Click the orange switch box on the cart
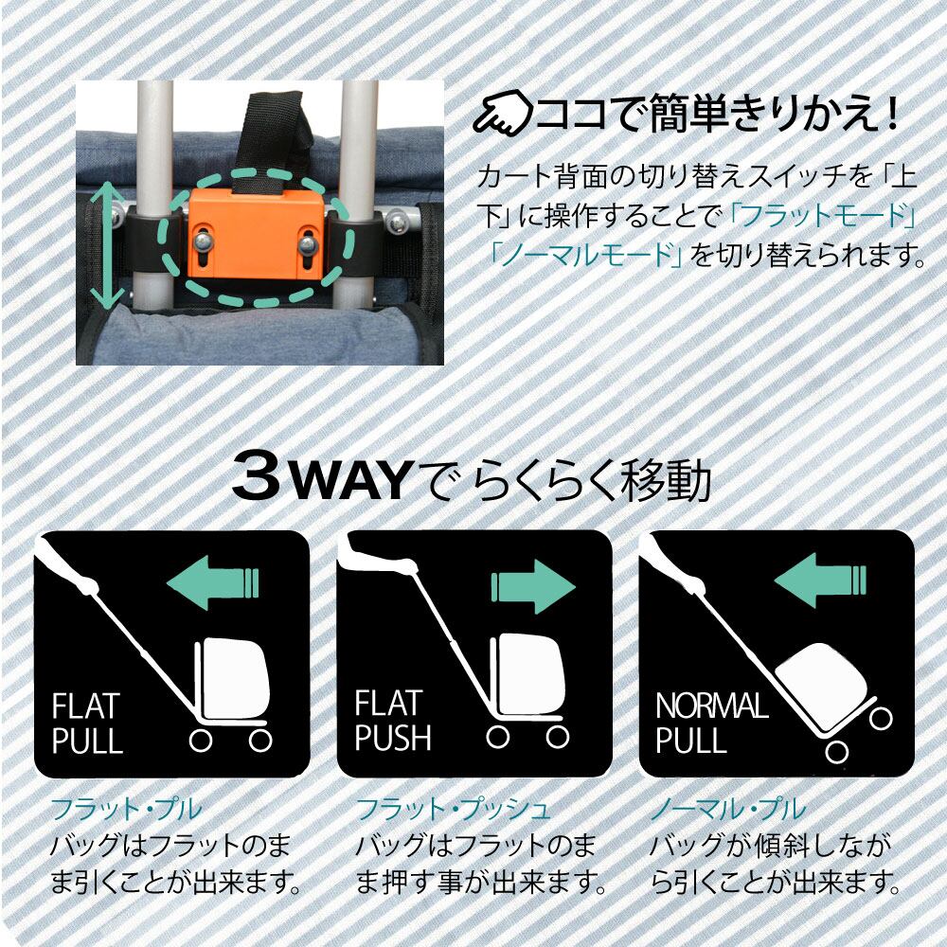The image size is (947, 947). pos(257,233)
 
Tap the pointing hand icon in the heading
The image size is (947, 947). pos(503,112)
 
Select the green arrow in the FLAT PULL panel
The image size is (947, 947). pos(212,582)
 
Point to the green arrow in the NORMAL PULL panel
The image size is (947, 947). pos(820,582)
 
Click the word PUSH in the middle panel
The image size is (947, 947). pos(393,738)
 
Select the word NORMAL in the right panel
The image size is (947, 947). pos(712,705)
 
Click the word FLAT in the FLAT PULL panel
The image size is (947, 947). pos(86,706)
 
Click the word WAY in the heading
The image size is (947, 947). pos(351,480)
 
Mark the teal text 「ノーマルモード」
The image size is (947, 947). pos(585,255)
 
